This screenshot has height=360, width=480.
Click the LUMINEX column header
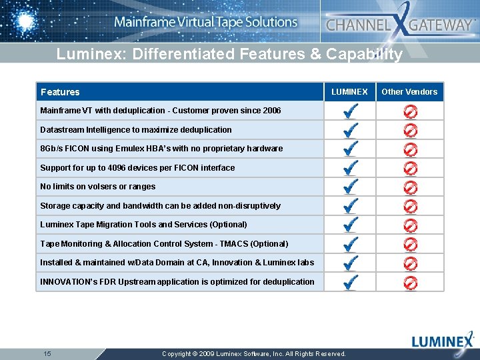349,92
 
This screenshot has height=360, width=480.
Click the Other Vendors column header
409,92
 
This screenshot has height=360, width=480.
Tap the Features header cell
60,92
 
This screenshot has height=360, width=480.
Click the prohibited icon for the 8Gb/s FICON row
411,149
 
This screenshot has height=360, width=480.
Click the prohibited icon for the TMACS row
411,245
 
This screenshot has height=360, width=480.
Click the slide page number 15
47,353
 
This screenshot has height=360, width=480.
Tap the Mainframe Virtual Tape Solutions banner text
205,22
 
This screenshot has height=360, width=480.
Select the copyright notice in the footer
254,354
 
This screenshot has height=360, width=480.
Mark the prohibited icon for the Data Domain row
411,263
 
